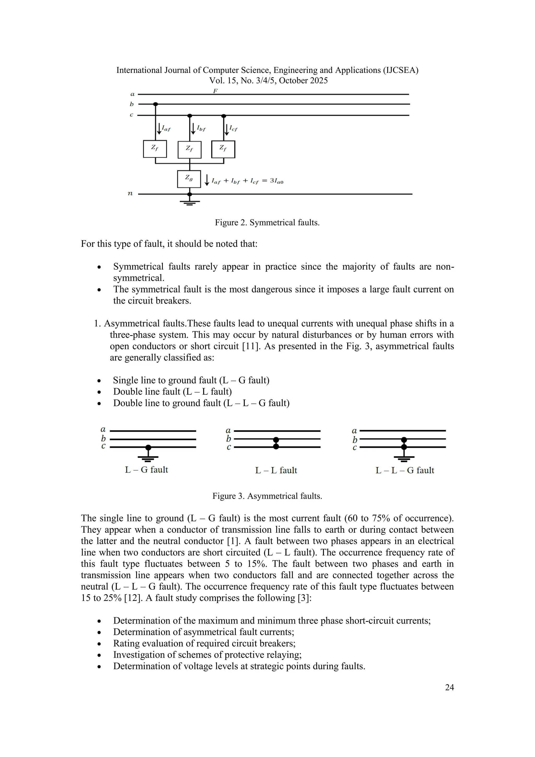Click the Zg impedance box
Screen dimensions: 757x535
pyautogui.click(x=189, y=179)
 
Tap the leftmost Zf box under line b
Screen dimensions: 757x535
pyautogui.click(x=155, y=149)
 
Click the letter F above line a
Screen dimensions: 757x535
pyautogui.click(x=215, y=91)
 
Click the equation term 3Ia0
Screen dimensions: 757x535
pyautogui.click(x=277, y=181)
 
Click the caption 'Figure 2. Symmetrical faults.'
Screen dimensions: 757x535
pyautogui.click(x=267, y=222)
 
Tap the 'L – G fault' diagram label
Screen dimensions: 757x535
pyautogui.click(x=147, y=469)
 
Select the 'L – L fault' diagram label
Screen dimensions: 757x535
pyautogui.click(x=276, y=470)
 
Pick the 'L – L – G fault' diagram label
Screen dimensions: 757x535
pyautogui.click(x=405, y=470)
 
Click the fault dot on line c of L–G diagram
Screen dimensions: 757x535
pyautogui.click(x=148, y=448)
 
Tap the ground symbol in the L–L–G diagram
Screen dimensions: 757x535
pyautogui.click(x=404, y=458)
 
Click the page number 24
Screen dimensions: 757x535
pyautogui.click(x=449, y=687)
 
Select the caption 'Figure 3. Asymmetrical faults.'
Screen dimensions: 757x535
pyautogui.click(x=267, y=496)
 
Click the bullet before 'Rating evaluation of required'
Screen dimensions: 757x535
pyautogui.click(x=99, y=644)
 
